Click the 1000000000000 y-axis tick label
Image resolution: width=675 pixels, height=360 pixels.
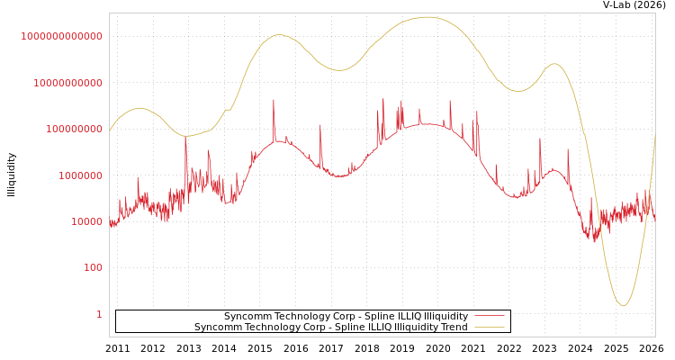point(61,36)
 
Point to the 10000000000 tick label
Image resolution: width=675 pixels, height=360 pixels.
point(67,83)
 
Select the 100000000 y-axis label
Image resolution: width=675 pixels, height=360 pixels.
point(73,129)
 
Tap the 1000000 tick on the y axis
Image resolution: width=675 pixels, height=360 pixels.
point(79,175)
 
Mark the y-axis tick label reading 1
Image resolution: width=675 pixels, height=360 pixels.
point(99,314)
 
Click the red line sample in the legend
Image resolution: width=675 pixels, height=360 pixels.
point(489,317)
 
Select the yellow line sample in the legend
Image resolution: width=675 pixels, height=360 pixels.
point(489,328)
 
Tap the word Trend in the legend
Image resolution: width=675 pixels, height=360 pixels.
point(453,328)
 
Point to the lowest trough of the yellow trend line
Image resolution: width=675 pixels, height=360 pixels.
point(622,305)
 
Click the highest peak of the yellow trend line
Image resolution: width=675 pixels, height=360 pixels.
point(426,17)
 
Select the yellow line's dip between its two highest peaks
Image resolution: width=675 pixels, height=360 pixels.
point(338,70)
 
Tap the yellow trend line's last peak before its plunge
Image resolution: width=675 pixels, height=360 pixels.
point(553,64)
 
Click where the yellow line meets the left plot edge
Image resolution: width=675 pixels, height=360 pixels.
point(110,130)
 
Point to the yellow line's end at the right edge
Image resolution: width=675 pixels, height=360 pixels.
point(654,135)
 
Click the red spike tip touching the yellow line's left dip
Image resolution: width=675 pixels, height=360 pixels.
point(185,137)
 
